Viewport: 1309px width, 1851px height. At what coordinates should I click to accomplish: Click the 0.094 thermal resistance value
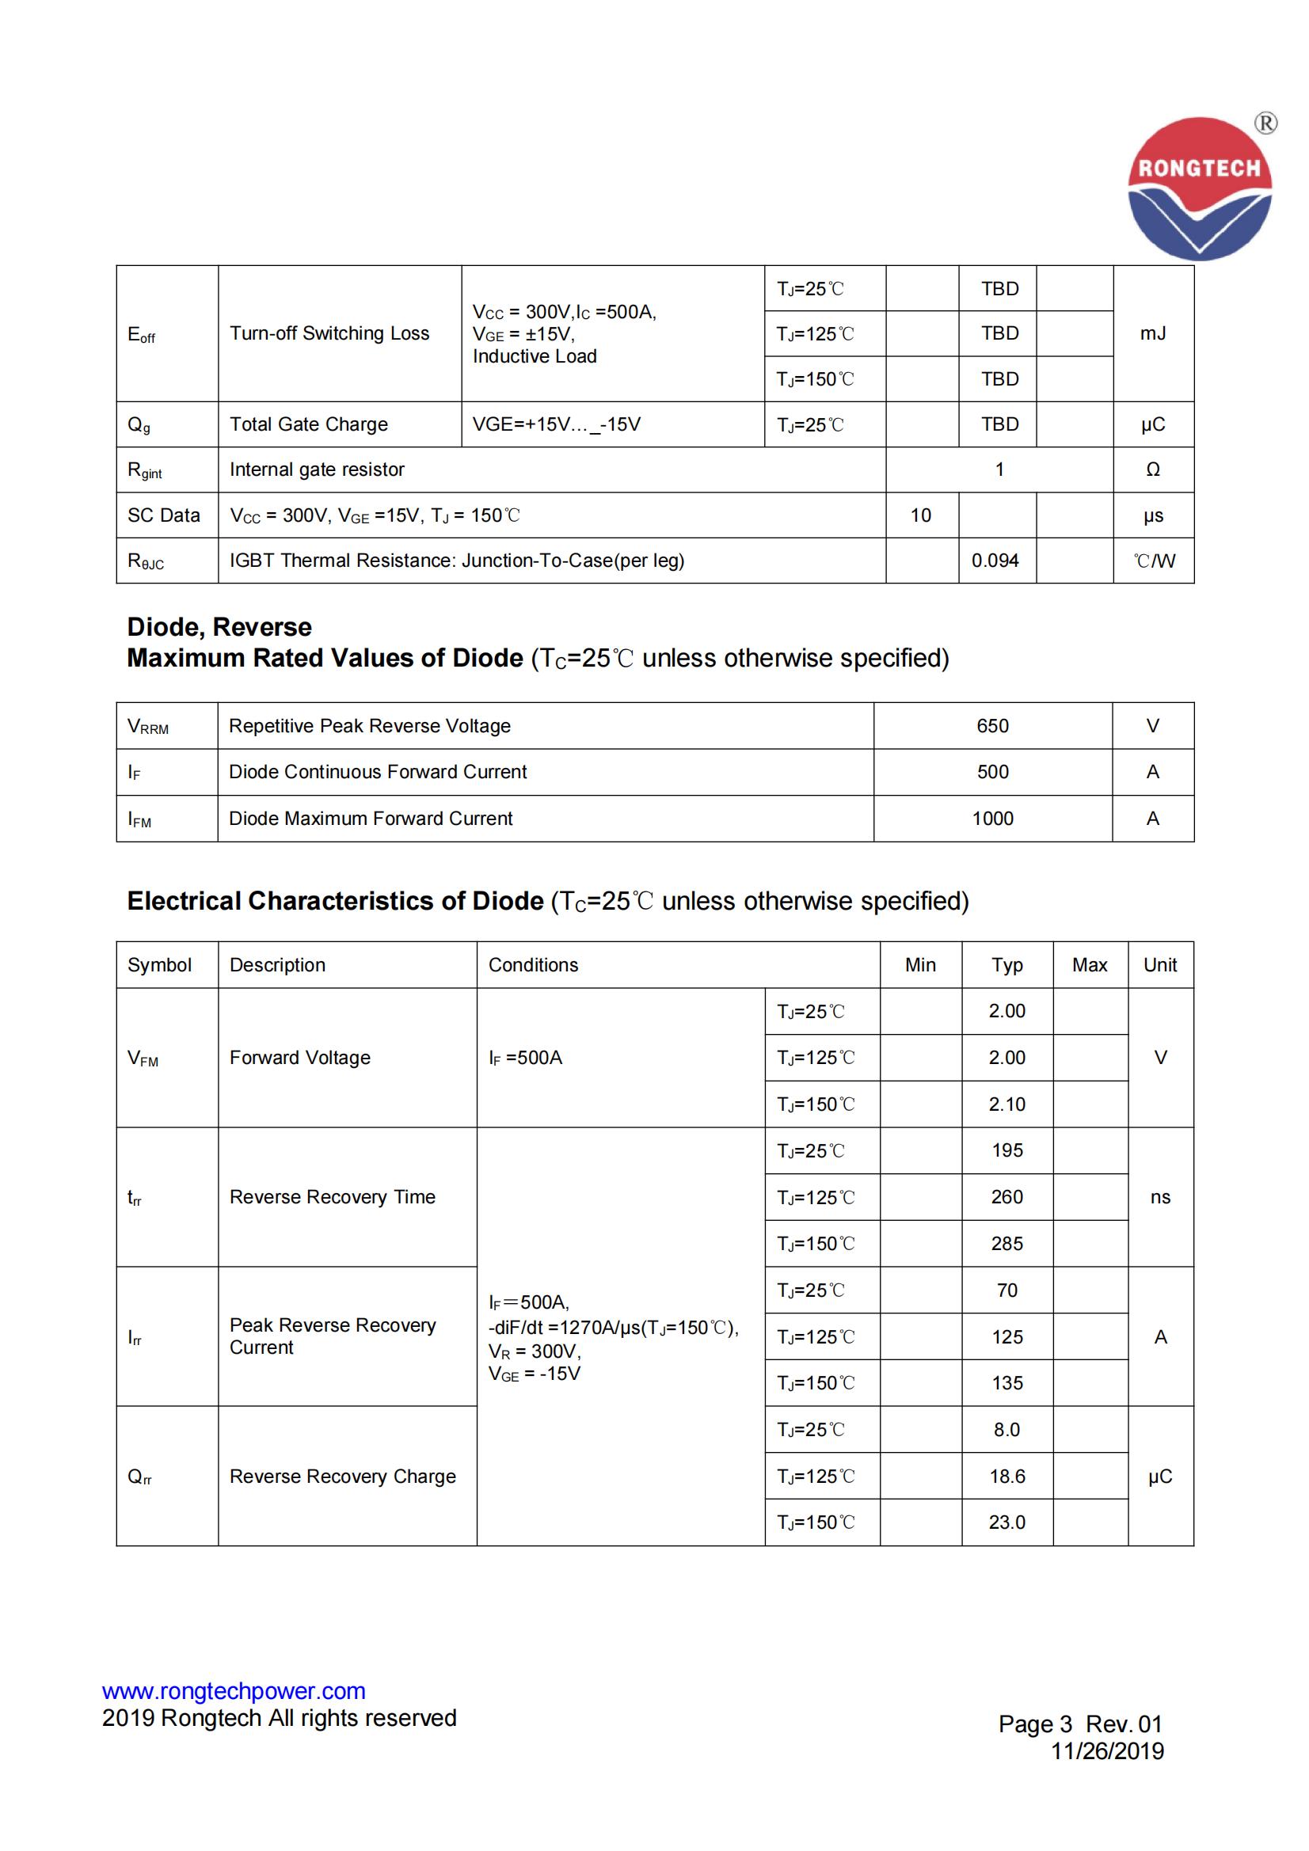pyautogui.click(x=995, y=561)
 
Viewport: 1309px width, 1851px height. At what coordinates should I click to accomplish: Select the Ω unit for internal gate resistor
pyautogui.click(x=1152, y=469)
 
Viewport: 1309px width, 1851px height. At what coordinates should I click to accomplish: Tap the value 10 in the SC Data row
pyautogui.click(x=920, y=515)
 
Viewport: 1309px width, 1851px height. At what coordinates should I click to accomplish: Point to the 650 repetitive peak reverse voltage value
pyautogui.click(x=992, y=725)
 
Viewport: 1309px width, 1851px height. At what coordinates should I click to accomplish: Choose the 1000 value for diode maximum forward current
pyautogui.click(x=992, y=819)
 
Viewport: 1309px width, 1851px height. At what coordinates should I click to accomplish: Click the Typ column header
pyautogui.click(x=1006, y=965)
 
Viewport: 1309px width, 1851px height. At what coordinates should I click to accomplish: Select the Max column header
pyautogui.click(x=1089, y=965)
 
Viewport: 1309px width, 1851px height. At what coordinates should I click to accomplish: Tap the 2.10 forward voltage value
pyautogui.click(x=1006, y=1104)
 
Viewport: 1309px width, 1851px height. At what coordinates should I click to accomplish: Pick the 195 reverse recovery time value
pyautogui.click(x=1006, y=1150)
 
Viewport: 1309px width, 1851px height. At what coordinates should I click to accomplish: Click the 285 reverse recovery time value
pyautogui.click(x=1006, y=1243)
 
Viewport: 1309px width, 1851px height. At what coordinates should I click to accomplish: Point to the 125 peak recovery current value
pyautogui.click(x=1006, y=1336)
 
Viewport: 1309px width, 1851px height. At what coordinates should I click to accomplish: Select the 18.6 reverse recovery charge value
pyautogui.click(x=1006, y=1476)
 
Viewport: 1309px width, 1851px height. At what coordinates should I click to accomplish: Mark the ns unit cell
pyautogui.click(x=1160, y=1197)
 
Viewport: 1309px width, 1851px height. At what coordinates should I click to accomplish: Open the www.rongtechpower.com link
pyautogui.click(x=233, y=1690)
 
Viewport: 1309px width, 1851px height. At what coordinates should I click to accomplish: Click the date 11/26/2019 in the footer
pyautogui.click(x=1106, y=1751)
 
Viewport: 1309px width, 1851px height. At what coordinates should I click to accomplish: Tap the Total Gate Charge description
pyautogui.click(x=308, y=424)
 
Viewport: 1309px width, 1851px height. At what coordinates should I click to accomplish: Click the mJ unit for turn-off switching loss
pyautogui.click(x=1152, y=333)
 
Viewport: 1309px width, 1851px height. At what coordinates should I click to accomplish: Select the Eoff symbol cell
pyautogui.click(x=141, y=334)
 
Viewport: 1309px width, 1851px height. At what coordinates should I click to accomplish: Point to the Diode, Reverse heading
pyautogui.click(x=219, y=626)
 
